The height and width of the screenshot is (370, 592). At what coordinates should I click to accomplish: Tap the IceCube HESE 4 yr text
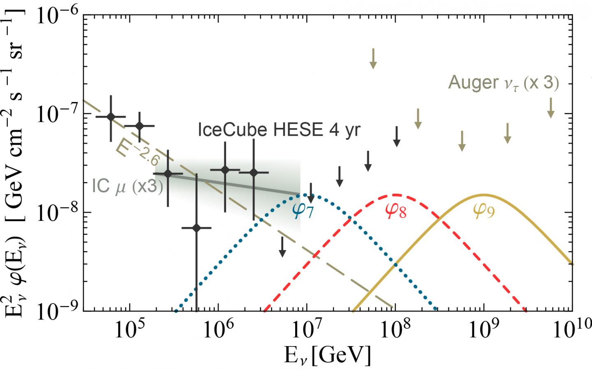click(279, 130)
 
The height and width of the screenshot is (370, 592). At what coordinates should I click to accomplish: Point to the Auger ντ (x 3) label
click(503, 83)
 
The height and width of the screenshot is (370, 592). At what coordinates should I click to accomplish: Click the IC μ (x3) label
click(127, 186)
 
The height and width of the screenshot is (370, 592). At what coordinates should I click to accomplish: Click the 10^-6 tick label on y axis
click(58, 16)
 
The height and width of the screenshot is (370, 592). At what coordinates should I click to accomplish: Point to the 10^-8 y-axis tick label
click(58, 213)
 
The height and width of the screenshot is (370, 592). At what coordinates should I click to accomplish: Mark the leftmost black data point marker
click(111, 117)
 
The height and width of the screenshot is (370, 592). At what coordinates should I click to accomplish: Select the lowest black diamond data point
click(196, 228)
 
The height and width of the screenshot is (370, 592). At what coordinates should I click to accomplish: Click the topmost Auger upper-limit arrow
click(373, 59)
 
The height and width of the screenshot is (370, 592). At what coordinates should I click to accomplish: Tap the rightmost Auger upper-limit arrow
click(550, 108)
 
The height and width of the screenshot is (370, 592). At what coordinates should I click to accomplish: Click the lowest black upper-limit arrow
click(282, 247)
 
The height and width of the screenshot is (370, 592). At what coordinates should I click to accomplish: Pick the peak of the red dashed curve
click(395, 194)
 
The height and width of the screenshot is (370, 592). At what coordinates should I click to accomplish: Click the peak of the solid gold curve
click(484, 194)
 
